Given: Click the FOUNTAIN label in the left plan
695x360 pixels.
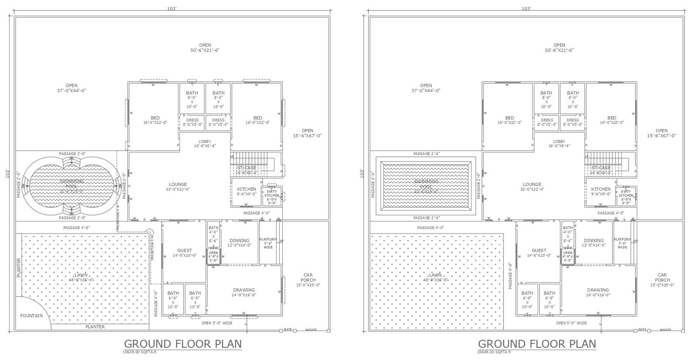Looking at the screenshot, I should coord(31,316).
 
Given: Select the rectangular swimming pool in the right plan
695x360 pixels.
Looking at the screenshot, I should coord(426,187).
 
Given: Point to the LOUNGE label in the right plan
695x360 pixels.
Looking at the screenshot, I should coord(532,185).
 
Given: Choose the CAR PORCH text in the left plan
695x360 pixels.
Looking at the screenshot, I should coord(308,277).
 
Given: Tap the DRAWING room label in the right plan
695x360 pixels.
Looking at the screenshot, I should coord(598,290).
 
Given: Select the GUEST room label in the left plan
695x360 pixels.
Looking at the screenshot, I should coord(185,251).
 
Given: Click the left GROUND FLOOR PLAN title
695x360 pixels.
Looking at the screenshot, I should coord(182,344).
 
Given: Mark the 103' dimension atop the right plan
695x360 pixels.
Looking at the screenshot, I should coord(526,8).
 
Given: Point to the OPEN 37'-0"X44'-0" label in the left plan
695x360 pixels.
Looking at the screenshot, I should coord(72,88).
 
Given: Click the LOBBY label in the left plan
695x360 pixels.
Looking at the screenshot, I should coord(205,142).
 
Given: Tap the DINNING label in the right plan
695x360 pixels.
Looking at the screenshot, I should coord(594,241).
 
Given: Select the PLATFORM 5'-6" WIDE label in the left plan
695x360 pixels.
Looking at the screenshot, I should coord(268,243).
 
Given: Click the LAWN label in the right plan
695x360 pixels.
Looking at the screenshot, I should coord(435,275).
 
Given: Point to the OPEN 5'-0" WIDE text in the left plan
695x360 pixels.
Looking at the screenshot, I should coord(217,323).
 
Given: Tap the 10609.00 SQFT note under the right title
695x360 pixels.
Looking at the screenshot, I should coord(494,352).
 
